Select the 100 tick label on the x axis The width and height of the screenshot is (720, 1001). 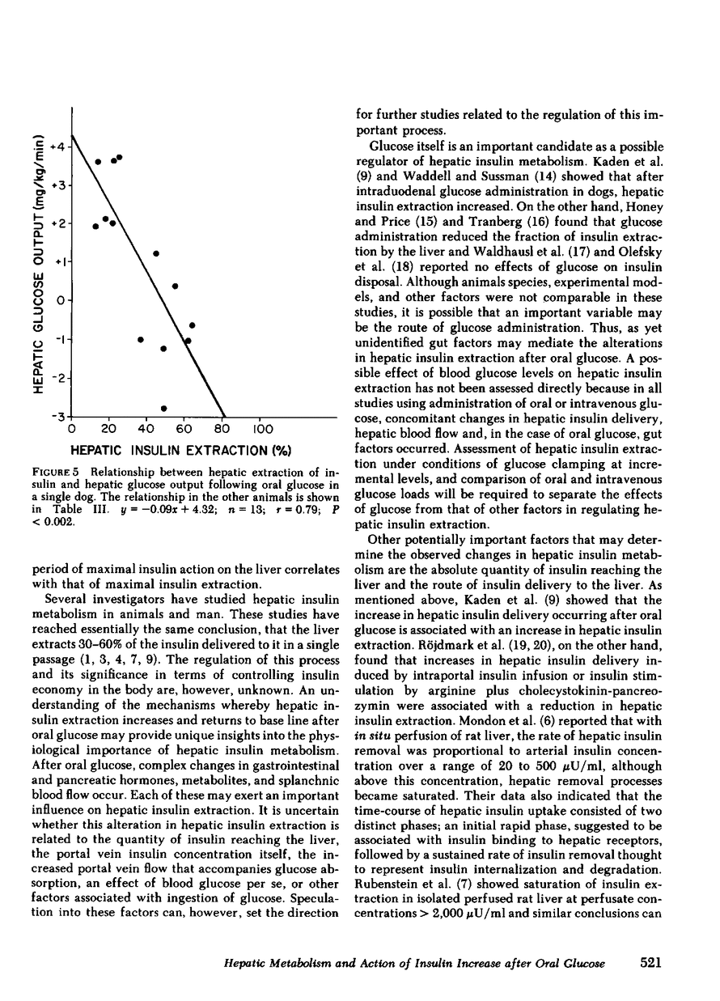pyautogui.click(x=263, y=429)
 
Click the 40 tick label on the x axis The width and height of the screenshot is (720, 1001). pyautogui.click(x=146, y=429)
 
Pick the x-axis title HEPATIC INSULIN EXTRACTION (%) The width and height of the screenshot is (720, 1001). pyautogui.click(x=180, y=450)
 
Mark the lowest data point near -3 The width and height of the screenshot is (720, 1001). pyautogui.click(x=163, y=408)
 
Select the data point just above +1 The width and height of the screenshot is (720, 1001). pyautogui.click(x=156, y=253)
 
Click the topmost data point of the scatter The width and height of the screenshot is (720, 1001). pyautogui.click(x=119, y=157)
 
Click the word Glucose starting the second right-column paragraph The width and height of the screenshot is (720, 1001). pyautogui.click(x=392, y=146)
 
